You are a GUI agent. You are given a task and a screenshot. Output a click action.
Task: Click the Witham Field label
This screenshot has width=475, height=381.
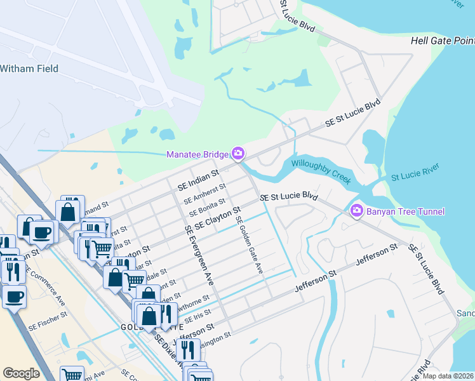(29, 69)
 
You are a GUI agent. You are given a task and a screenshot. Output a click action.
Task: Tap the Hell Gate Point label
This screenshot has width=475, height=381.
(442, 40)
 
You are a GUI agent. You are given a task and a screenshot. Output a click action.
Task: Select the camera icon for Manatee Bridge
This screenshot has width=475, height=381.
(238, 154)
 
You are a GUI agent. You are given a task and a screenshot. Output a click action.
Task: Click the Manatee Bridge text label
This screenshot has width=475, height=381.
(197, 154)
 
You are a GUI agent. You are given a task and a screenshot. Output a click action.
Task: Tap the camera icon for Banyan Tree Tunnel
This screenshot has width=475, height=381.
(356, 210)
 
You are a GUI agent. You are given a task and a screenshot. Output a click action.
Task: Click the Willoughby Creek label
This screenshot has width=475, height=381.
(321, 171)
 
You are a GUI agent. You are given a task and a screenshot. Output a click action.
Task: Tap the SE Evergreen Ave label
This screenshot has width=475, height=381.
(198, 254)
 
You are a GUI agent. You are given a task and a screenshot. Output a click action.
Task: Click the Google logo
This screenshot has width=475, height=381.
(21, 373)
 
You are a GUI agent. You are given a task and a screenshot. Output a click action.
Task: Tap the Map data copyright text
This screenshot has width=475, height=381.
(448, 376)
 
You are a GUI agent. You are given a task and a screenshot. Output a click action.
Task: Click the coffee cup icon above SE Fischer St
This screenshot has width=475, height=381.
(14, 296)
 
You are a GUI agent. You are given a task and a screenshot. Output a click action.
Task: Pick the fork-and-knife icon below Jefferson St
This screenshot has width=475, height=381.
(187, 349)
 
